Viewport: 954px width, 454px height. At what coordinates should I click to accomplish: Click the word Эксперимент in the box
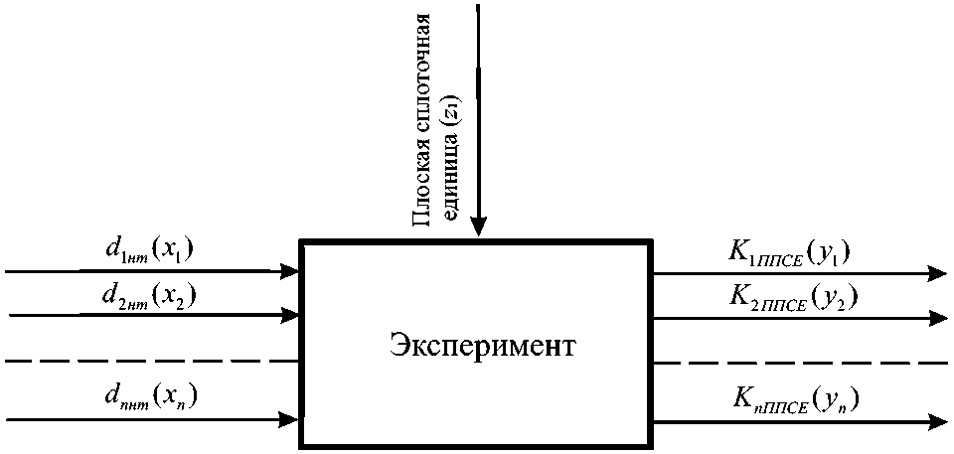tap(477, 349)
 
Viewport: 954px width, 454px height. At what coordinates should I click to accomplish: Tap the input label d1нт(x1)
tap(150, 251)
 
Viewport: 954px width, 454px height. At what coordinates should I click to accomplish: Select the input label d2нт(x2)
tap(150, 296)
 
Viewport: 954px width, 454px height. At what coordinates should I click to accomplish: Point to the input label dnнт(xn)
tap(150, 400)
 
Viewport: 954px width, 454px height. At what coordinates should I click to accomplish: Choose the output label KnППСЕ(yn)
tap(792, 401)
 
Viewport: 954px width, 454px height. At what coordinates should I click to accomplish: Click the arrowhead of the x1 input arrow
tap(291, 270)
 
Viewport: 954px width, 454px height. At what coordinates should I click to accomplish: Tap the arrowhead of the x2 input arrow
tap(291, 316)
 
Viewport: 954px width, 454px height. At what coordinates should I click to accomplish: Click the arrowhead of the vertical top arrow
tap(478, 227)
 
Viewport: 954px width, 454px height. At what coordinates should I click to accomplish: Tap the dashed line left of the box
tap(149, 362)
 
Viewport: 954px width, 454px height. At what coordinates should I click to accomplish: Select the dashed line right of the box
tap(800, 364)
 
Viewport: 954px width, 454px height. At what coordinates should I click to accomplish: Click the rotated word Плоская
tap(422, 196)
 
